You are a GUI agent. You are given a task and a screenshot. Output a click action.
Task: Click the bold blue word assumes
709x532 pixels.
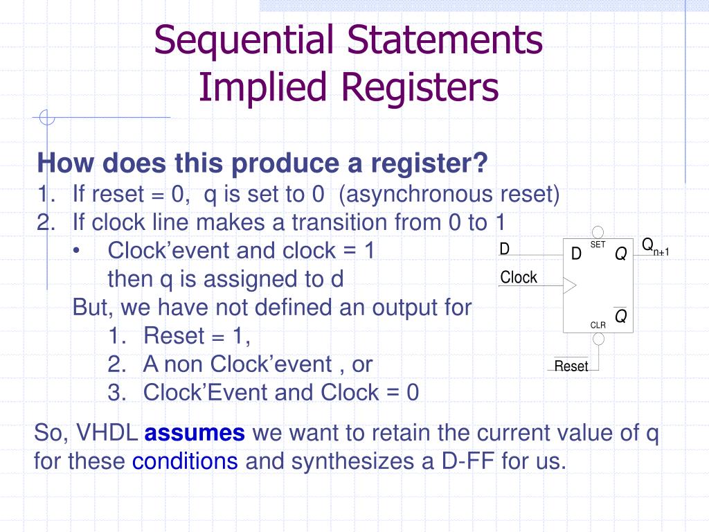[x=195, y=434]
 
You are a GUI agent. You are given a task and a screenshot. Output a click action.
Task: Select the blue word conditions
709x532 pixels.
[x=185, y=461]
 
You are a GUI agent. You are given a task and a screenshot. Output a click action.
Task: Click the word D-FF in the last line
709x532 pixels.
[x=468, y=461]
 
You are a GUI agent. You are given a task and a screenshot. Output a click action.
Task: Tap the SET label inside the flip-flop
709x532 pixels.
[x=598, y=245]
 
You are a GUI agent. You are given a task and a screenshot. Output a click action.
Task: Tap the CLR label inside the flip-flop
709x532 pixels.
[x=598, y=325]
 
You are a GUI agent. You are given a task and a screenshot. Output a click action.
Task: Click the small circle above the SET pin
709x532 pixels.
[x=598, y=232]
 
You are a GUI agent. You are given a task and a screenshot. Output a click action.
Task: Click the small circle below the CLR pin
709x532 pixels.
[x=598, y=339]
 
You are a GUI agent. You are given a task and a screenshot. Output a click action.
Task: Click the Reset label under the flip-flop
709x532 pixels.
[x=571, y=366]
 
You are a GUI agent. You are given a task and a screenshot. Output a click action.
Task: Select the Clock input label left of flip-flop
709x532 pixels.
[x=519, y=278]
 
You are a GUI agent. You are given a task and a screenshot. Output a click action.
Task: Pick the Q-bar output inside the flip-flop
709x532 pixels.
[x=621, y=317]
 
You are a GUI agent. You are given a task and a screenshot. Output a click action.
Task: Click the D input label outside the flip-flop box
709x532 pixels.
[x=505, y=249]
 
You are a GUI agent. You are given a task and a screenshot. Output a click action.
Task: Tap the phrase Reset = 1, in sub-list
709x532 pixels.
[x=197, y=336]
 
